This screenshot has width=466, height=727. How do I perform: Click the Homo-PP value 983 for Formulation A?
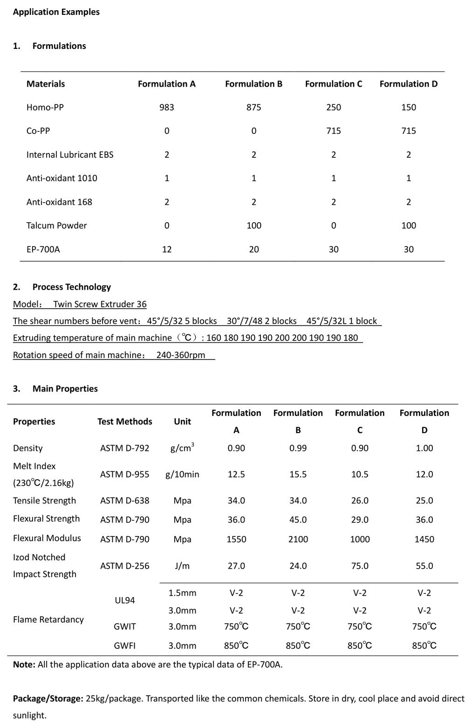[166, 107]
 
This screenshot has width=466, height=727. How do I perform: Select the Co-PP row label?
[38, 131]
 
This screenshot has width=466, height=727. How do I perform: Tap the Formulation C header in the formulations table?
[333, 84]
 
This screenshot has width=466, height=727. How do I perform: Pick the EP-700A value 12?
[166, 249]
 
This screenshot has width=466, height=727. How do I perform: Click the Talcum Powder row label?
[56, 225]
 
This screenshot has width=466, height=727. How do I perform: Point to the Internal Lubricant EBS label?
[70, 155]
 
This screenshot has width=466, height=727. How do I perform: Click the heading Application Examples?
[56, 12]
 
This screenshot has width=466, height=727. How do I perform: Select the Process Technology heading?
[71, 287]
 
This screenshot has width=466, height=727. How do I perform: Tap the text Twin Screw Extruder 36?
[100, 304]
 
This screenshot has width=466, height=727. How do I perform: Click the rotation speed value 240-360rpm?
[180, 355]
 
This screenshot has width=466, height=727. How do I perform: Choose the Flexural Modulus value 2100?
[298, 539]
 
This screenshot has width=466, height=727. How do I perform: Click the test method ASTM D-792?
[124, 448]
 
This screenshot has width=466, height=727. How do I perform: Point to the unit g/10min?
[182, 474]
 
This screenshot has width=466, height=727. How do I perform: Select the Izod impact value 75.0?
[359, 566]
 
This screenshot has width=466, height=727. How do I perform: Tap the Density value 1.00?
[424, 448]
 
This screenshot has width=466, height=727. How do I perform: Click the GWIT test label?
[124, 626]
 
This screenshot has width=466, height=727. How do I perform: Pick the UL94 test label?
[124, 600]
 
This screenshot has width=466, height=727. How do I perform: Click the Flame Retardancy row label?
[48, 619]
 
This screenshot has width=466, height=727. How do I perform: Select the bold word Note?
[24, 665]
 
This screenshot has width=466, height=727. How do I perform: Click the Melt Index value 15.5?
[298, 474]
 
